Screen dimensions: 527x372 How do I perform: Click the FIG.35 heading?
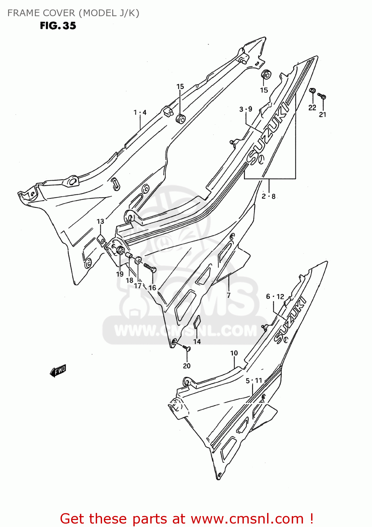(58, 26)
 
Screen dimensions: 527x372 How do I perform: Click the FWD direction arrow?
(58, 371)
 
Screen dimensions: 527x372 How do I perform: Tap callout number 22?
(312, 108)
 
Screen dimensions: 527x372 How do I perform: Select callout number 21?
(323, 114)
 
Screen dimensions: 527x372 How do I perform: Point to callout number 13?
(100, 221)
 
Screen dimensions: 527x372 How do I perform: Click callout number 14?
(197, 341)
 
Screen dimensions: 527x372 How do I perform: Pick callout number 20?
(187, 366)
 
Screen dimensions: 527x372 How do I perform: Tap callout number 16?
(152, 288)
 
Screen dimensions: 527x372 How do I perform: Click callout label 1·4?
(140, 112)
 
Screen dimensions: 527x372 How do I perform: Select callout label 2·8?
(269, 196)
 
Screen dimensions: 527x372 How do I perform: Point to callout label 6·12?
(275, 297)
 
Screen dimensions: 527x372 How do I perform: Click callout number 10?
(234, 353)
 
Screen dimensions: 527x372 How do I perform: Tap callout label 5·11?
(254, 380)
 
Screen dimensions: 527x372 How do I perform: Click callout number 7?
(228, 295)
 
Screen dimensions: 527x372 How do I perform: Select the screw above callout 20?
(187, 348)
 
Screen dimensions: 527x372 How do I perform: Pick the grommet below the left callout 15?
(181, 118)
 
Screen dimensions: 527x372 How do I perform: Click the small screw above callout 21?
(322, 95)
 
